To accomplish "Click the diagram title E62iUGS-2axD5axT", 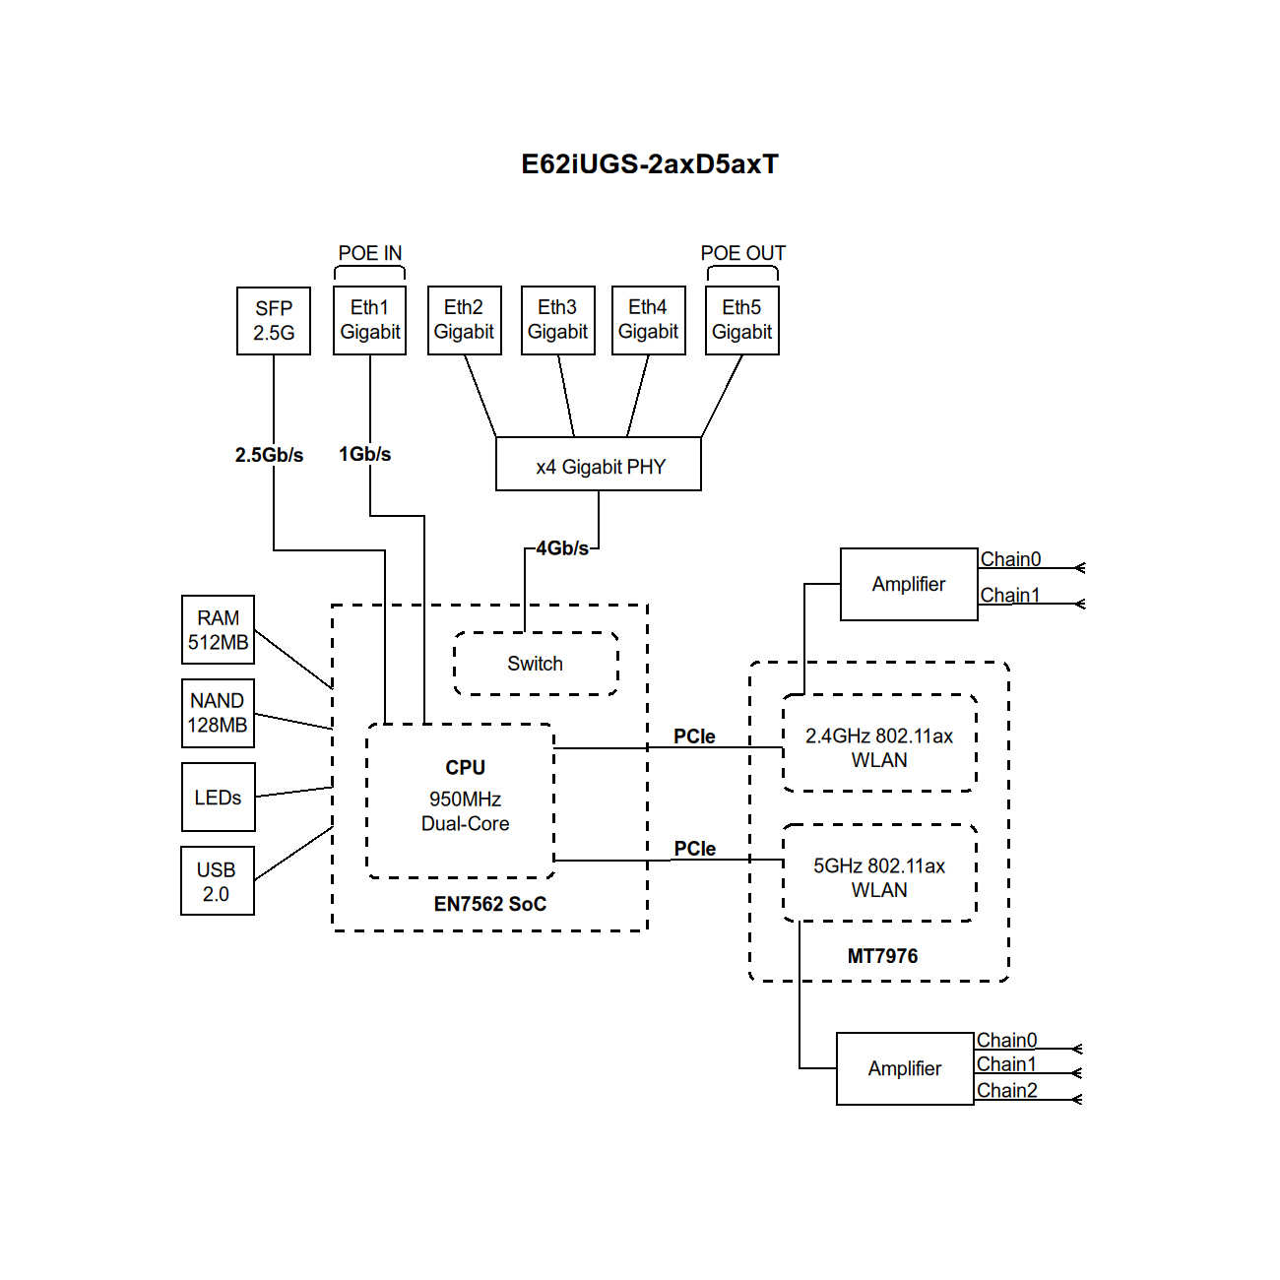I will pyautogui.click(x=650, y=164).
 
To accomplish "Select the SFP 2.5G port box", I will pyautogui.click(x=274, y=321).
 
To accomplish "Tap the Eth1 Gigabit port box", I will pyautogui.click(x=370, y=320).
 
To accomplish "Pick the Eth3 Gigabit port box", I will pyautogui.click(x=558, y=320).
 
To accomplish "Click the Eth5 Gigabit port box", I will pyautogui.click(x=742, y=320).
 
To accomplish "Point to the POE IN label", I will pyautogui.click(x=370, y=253).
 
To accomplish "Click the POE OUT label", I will pyautogui.click(x=743, y=253).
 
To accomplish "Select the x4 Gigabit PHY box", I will pyautogui.click(x=599, y=465).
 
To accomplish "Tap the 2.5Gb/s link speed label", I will pyautogui.click(x=269, y=455).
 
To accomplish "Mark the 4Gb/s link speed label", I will pyautogui.click(x=562, y=548).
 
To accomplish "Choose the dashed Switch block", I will pyautogui.click(x=536, y=664).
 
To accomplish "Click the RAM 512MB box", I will pyautogui.click(x=219, y=630).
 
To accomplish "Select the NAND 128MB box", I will pyautogui.click(x=219, y=713).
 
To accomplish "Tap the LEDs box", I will pyautogui.click(x=219, y=798).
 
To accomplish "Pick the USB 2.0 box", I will pyautogui.click(x=218, y=881).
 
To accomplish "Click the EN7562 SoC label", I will pyautogui.click(x=490, y=904).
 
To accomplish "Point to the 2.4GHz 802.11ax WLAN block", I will pyautogui.click(x=879, y=747).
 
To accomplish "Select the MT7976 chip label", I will pyautogui.click(x=882, y=956).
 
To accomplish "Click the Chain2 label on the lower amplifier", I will pyautogui.click(x=1006, y=1090).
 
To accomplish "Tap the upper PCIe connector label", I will pyautogui.click(x=694, y=736).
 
